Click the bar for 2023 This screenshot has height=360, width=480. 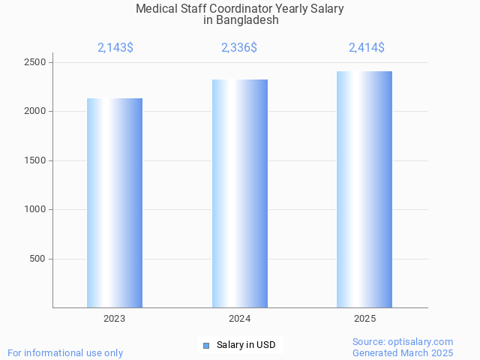(115, 202)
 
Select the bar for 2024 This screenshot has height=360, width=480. (240, 193)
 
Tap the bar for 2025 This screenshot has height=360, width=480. (364, 189)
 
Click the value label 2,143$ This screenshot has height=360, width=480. (115, 48)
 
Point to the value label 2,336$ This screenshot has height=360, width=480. (239, 48)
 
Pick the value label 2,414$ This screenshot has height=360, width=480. (367, 48)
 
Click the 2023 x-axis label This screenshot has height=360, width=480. (115, 319)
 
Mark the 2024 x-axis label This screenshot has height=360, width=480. (240, 319)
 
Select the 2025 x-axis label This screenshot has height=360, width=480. (365, 319)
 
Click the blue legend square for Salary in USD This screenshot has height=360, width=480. (206, 345)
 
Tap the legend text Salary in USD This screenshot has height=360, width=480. (246, 345)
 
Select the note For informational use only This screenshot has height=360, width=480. (65, 352)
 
